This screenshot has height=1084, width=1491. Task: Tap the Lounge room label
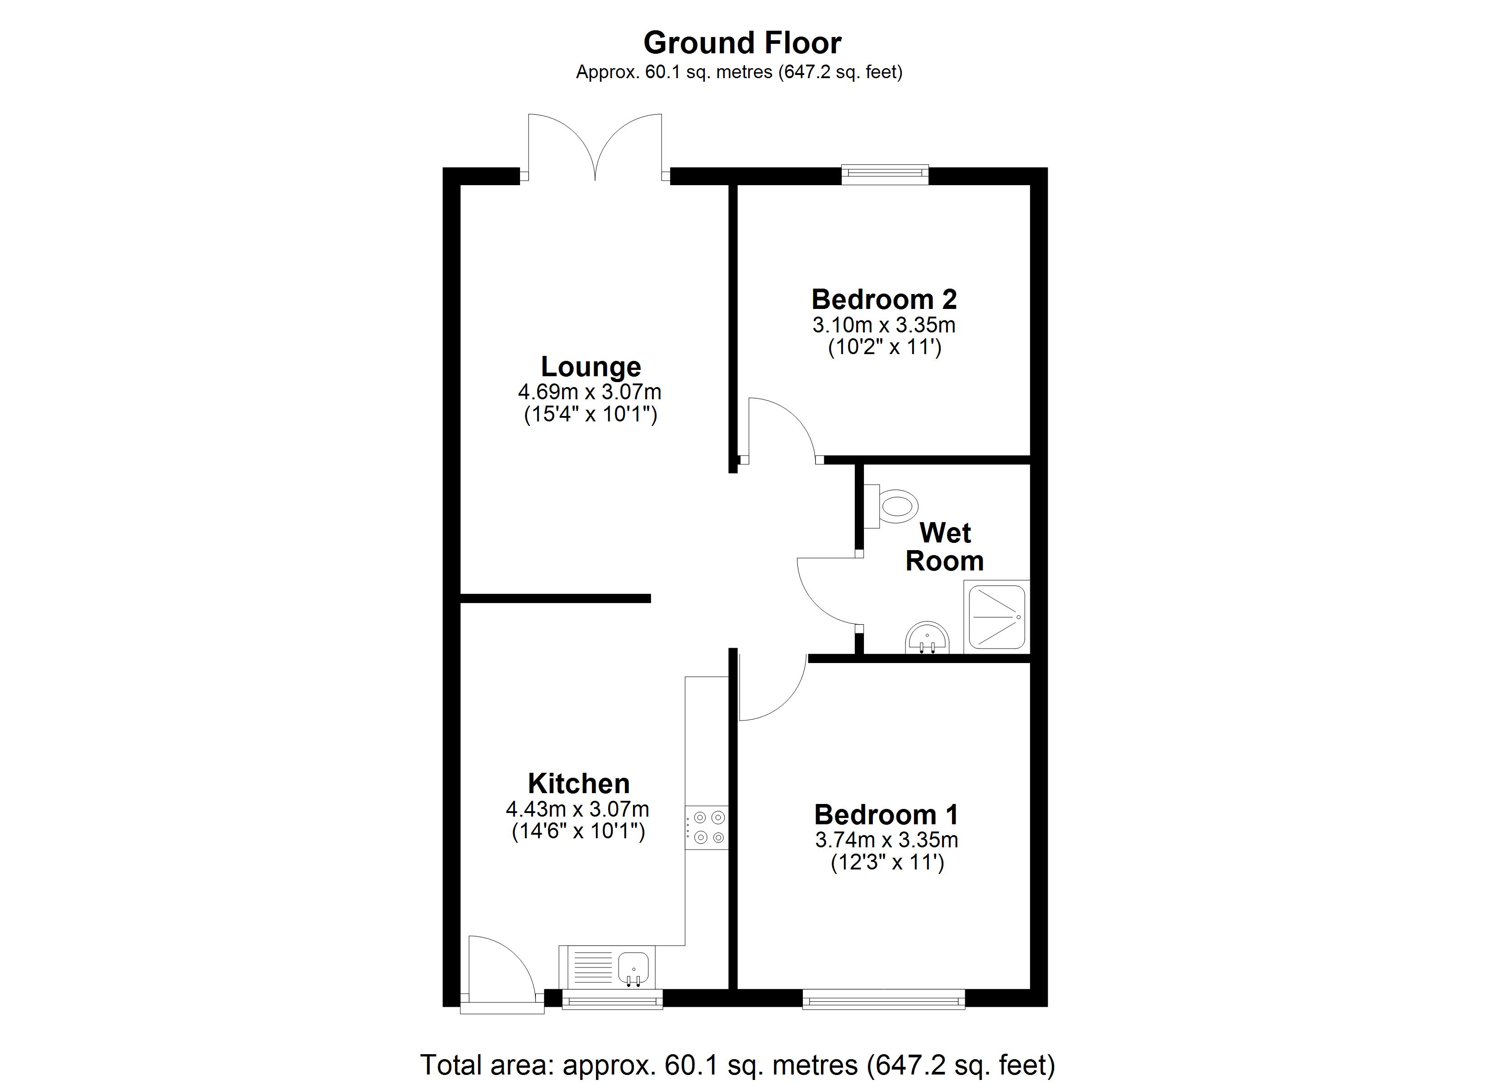point(591,367)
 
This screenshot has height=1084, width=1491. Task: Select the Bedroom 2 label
point(884,300)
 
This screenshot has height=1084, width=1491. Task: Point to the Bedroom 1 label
point(886,815)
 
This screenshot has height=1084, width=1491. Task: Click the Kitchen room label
point(578,784)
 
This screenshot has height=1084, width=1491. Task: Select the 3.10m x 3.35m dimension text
point(884,325)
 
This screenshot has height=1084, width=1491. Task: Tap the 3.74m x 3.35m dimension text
point(886,840)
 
